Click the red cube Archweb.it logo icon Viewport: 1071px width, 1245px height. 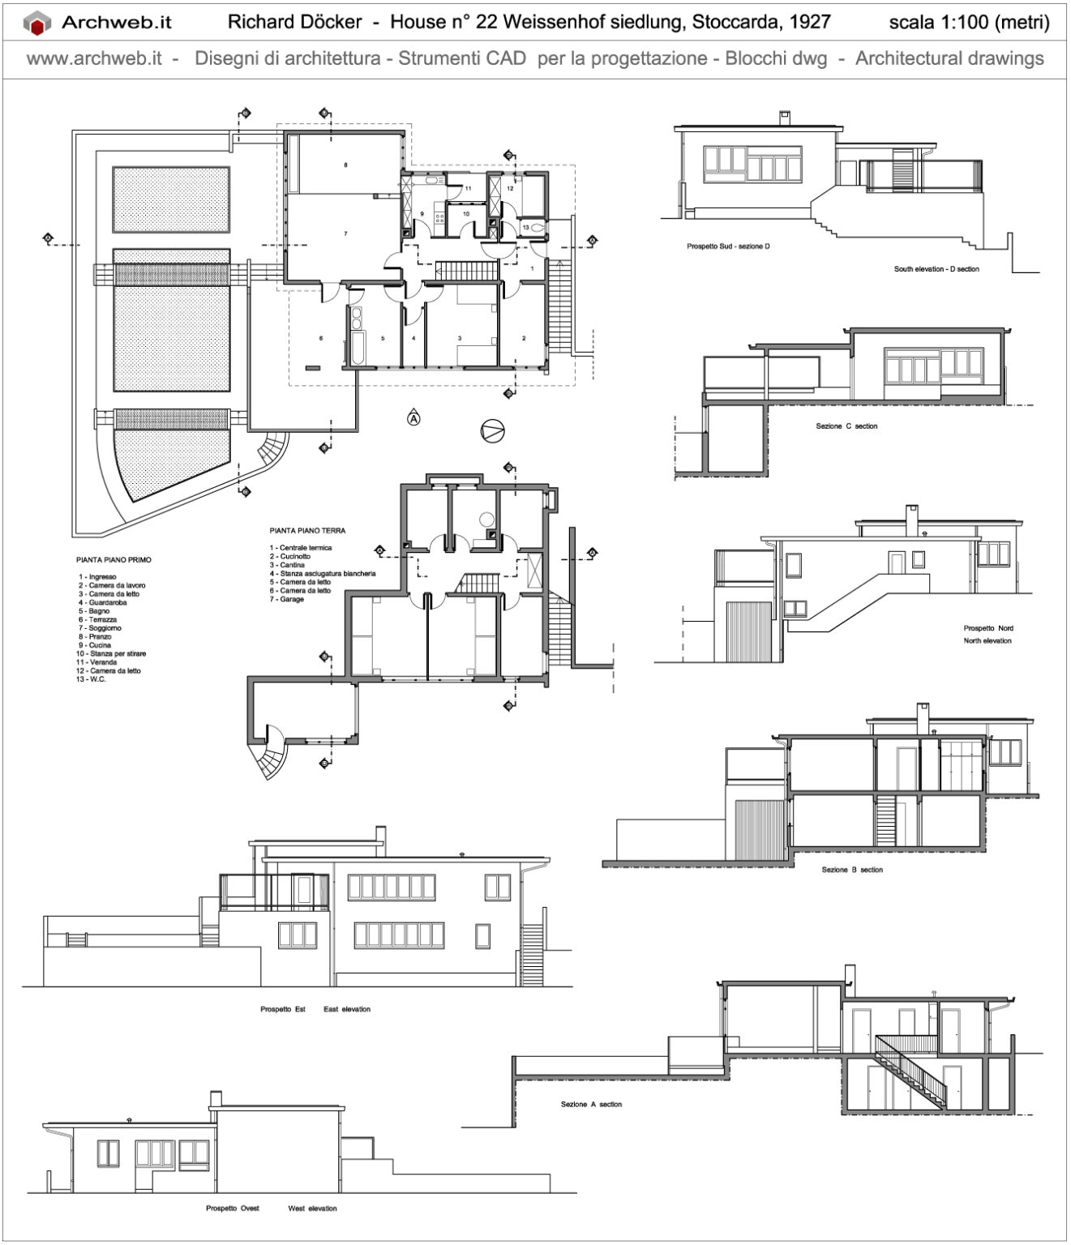pos(37,24)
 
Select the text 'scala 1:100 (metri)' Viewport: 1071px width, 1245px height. pos(969,22)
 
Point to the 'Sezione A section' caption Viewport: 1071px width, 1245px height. pos(591,1104)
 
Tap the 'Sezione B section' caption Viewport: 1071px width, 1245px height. pos(851,870)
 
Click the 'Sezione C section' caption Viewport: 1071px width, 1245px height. pos(846,426)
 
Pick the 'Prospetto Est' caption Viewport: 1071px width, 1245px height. pos(282,1009)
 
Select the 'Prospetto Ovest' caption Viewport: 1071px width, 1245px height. pos(233,1209)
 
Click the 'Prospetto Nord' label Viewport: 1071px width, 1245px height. pos(987,628)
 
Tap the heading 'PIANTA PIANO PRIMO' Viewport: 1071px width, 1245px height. pos(114,559)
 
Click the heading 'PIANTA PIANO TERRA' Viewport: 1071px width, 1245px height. pos(307,531)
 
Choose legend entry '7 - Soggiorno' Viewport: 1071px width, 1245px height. pos(100,628)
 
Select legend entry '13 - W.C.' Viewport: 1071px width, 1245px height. pos(92,679)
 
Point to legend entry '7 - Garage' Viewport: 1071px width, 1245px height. pos(287,599)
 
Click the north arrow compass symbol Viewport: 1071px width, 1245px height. pos(491,431)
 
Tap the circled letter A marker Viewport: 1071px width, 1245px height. pos(413,419)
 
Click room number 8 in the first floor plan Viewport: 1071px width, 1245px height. pos(346,165)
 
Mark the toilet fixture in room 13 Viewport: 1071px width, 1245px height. pos(538,229)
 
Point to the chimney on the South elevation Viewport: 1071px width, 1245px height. pos(784,118)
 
